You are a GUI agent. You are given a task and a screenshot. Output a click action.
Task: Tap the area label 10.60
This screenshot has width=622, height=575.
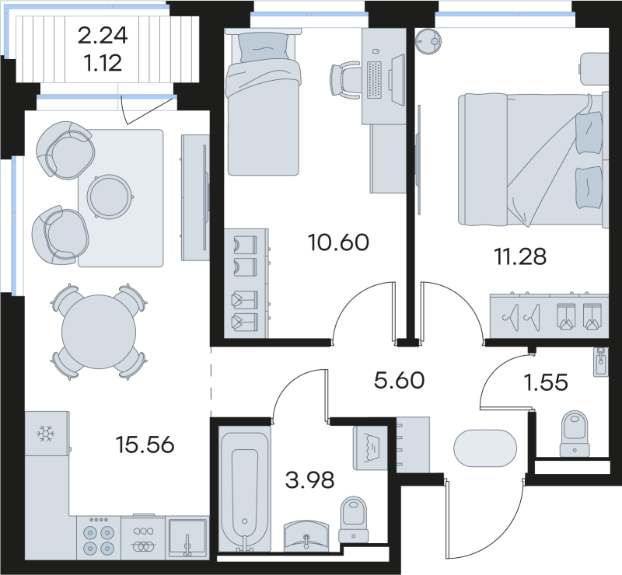click(x=339, y=242)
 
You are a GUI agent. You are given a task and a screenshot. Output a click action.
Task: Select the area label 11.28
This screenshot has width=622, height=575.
click(x=520, y=254)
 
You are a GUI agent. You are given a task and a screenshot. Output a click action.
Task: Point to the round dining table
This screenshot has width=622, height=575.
click(x=97, y=328)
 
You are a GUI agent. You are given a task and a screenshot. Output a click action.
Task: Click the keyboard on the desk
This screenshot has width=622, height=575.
click(x=374, y=78)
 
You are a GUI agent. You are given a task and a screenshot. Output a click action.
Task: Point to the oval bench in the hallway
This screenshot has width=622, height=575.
click(x=484, y=448)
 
